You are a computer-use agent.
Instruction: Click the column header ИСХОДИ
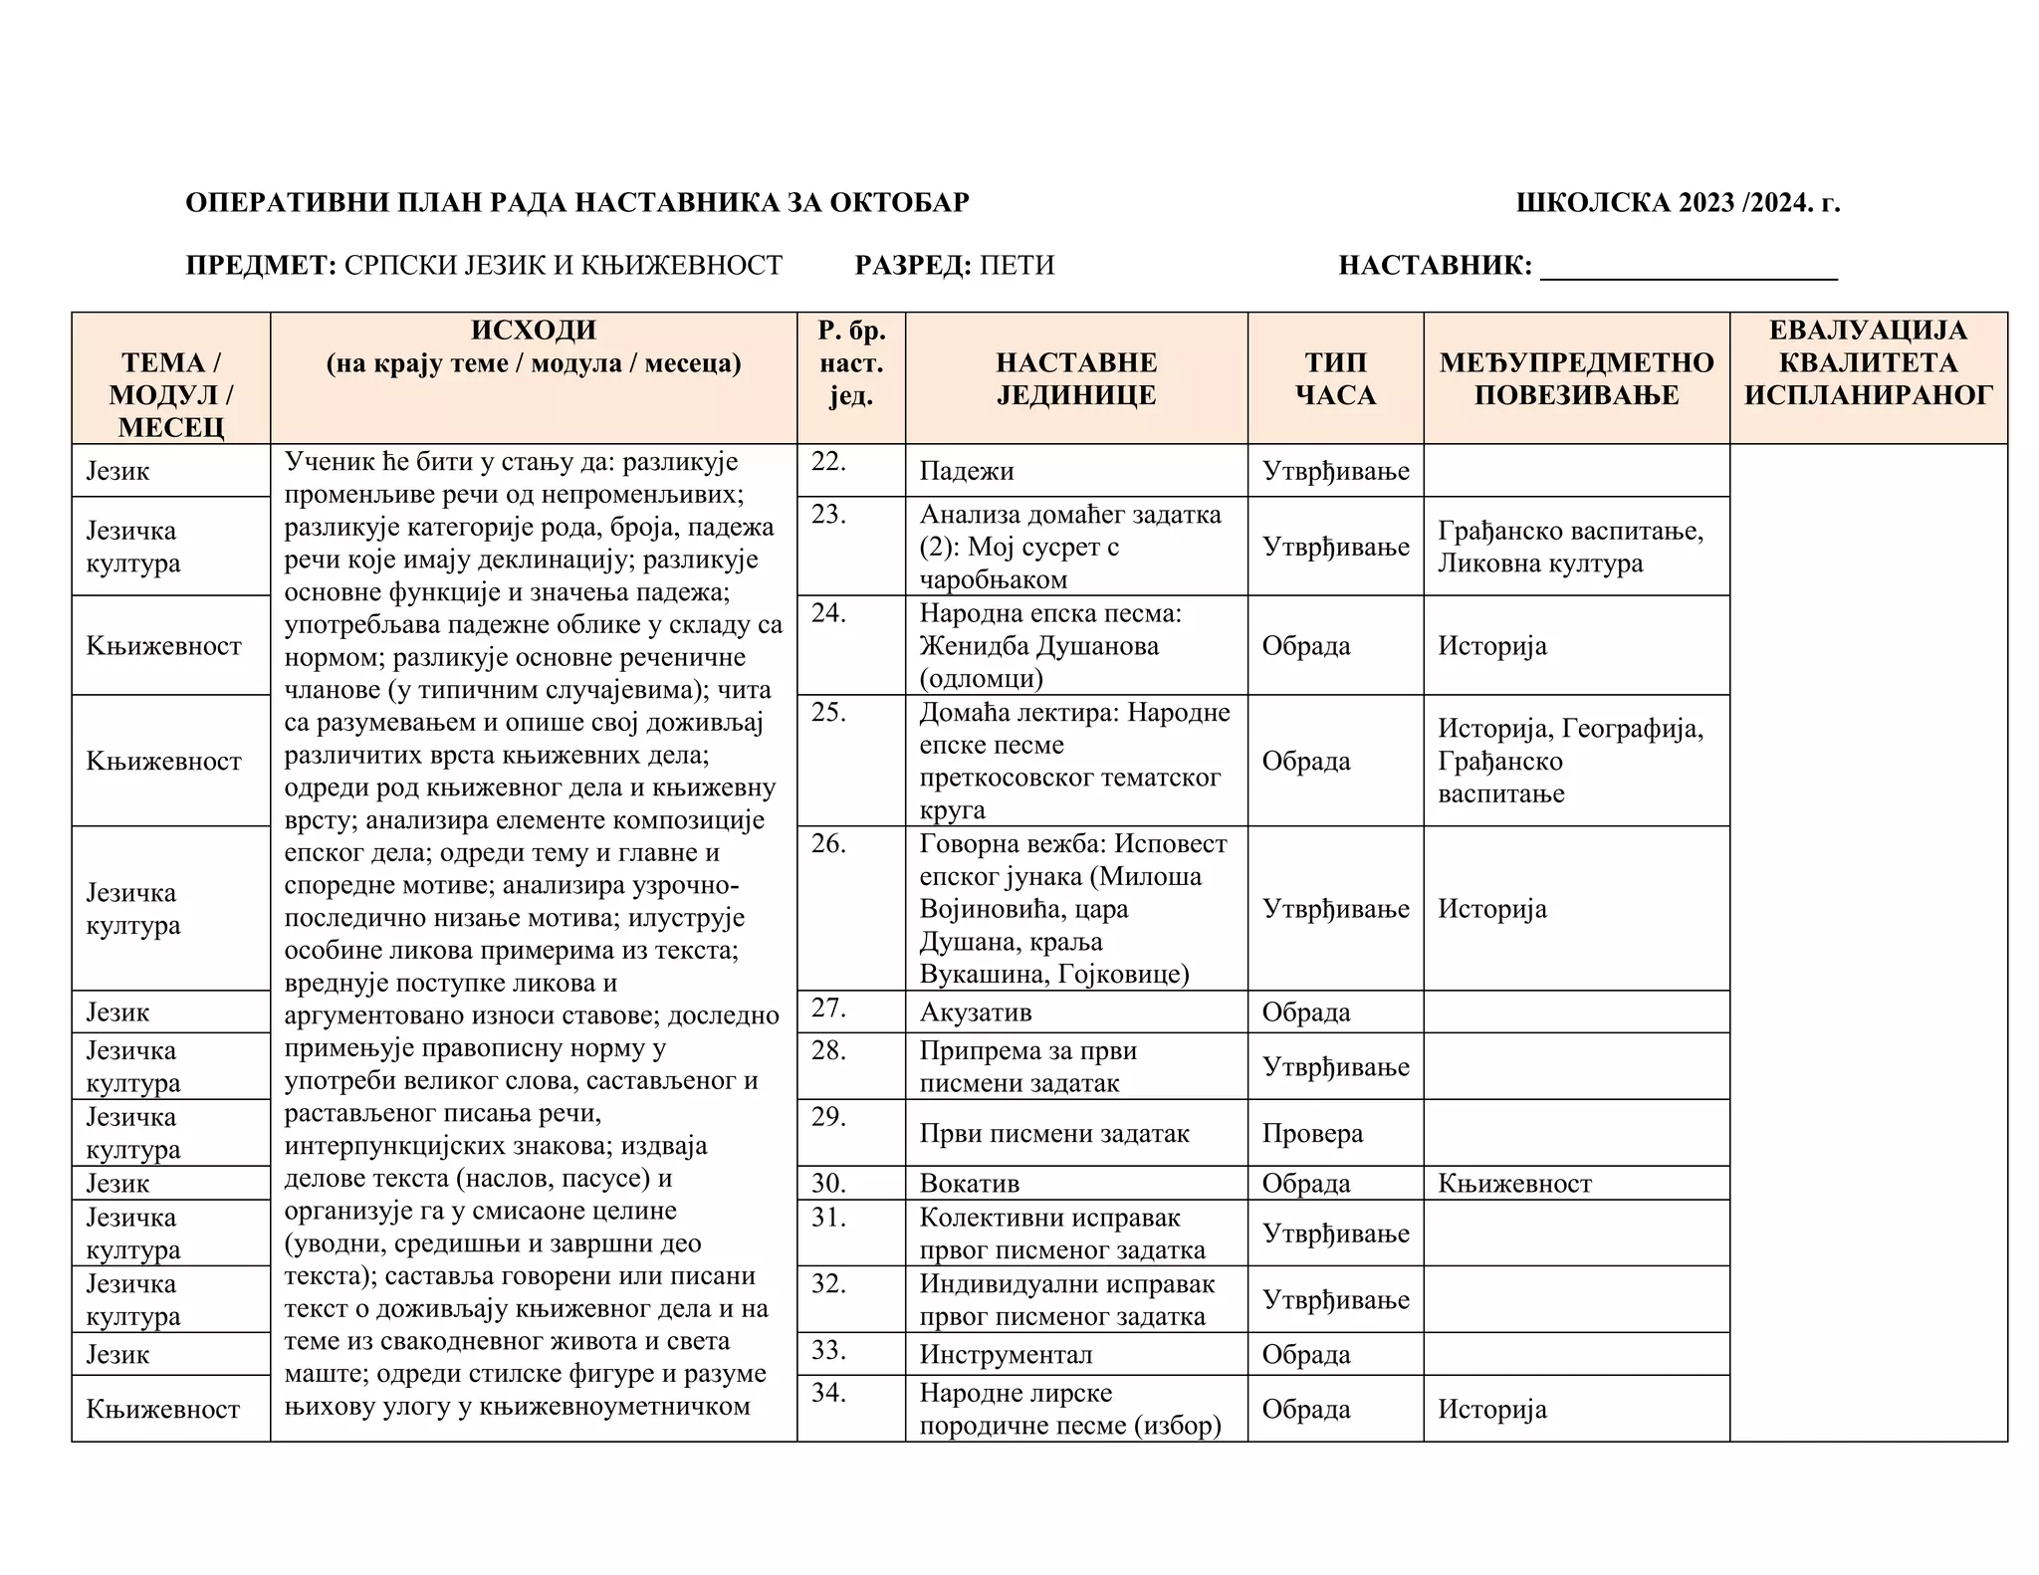click(534, 330)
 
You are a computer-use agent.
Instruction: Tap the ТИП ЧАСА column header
click(1335, 378)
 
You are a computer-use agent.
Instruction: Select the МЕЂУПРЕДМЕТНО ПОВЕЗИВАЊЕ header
click(1576, 378)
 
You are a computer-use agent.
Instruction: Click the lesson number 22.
click(828, 461)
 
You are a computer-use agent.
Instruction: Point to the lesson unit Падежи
click(966, 471)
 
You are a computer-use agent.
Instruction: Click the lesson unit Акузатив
click(976, 1012)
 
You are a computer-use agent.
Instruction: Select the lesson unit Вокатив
click(969, 1184)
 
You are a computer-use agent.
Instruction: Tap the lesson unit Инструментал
click(1006, 1355)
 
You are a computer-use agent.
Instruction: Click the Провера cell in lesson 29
click(1312, 1134)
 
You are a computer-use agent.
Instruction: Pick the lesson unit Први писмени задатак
click(1054, 1134)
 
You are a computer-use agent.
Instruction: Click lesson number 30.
click(828, 1184)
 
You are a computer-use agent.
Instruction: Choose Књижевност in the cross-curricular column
click(1514, 1184)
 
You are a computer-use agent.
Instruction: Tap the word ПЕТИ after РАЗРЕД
click(1017, 266)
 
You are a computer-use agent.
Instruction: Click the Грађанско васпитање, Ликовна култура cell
click(1570, 547)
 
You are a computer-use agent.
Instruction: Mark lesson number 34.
click(828, 1392)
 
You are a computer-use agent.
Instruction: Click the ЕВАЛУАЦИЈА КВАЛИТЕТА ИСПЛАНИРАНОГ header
click(1868, 362)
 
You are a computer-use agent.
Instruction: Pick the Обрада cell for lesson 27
click(1305, 1012)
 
